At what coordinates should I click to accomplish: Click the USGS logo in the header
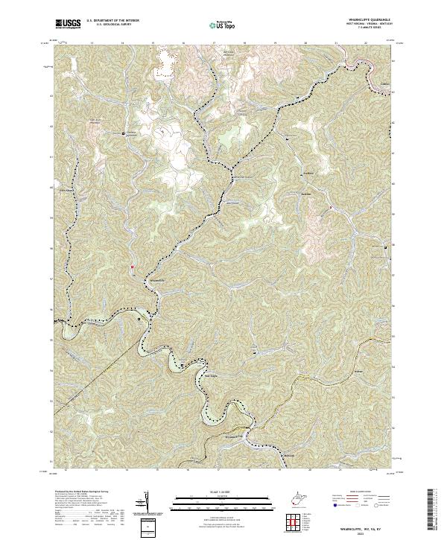point(67,25)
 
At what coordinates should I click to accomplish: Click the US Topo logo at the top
point(225,25)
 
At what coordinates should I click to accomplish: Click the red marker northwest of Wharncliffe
point(132,266)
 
